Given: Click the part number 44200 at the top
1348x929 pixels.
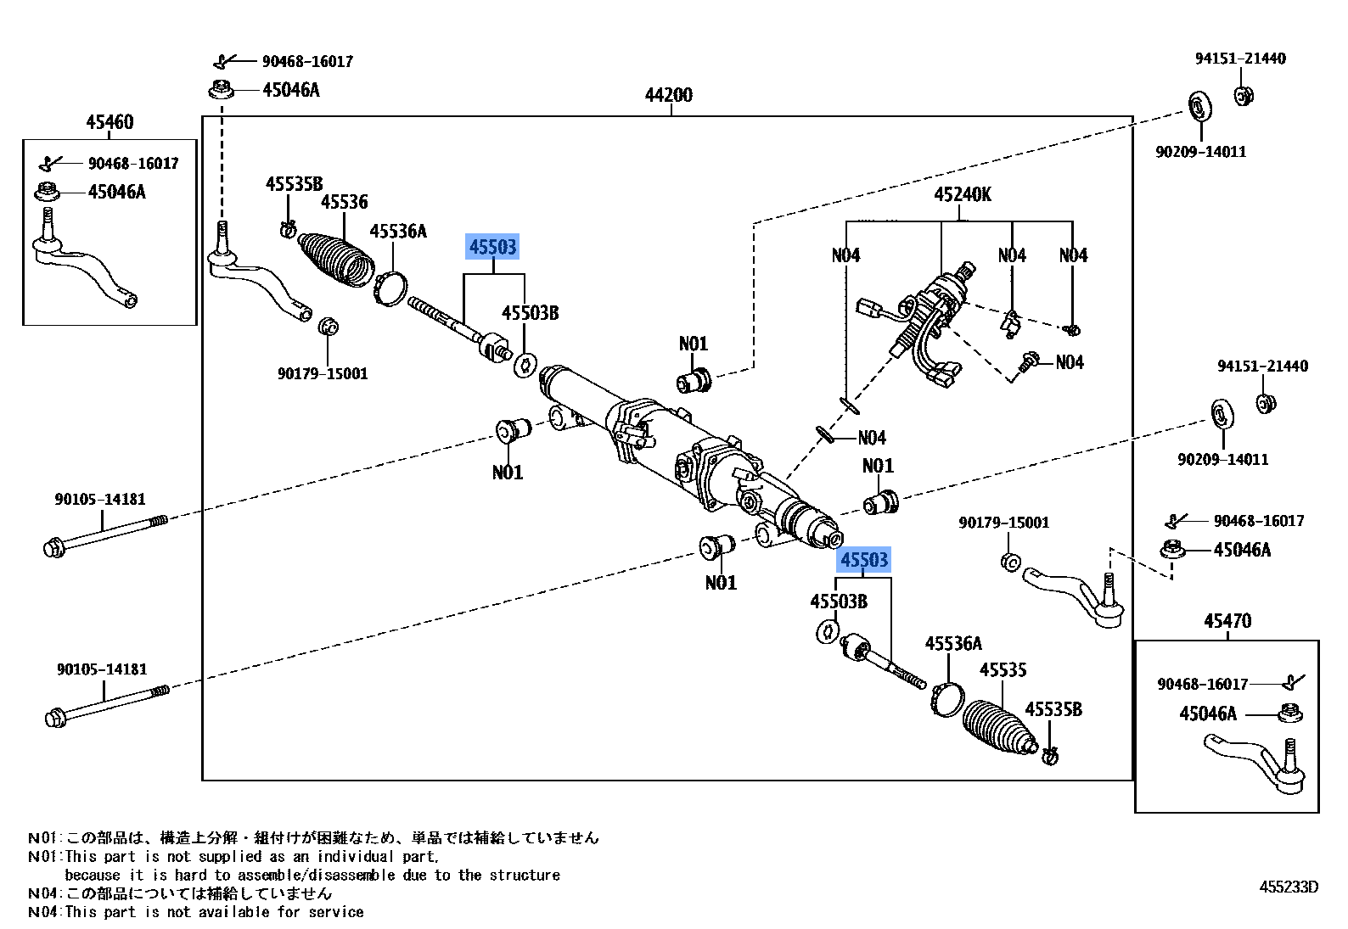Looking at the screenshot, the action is click(669, 95).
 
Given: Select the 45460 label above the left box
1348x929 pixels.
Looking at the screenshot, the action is click(110, 122).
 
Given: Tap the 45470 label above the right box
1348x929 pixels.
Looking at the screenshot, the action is click(1227, 620).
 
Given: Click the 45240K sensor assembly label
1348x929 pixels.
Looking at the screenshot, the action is click(963, 194).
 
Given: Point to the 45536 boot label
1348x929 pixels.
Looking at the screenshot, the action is click(345, 202).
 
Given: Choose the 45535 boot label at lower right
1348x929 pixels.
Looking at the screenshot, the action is click(1003, 670).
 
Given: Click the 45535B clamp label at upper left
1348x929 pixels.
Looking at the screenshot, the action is click(295, 184).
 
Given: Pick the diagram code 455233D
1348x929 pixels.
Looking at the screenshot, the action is click(1289, 887).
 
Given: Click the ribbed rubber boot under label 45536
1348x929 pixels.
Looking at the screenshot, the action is click(336, 260).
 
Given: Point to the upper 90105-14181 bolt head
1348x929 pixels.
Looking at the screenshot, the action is click(53, 549).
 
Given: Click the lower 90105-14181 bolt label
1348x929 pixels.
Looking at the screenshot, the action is click(102, 669).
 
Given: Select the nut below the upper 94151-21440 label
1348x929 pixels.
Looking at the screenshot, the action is click(1244, 96).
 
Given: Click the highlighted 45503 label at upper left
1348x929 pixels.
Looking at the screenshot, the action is click(492, 247).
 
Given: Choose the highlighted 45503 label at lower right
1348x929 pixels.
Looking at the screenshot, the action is click(863, 560).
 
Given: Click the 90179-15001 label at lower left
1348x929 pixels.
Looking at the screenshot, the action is click(323, 373).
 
